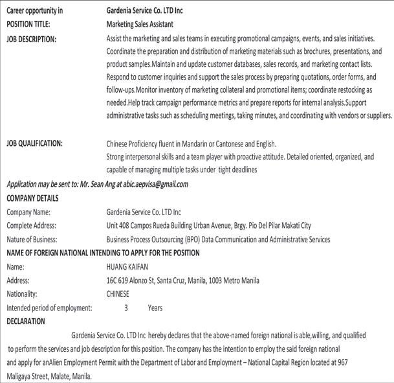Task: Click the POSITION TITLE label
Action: click(28, 24)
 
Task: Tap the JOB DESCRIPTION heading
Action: click(31, 39)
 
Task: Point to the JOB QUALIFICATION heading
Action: click(34, 143)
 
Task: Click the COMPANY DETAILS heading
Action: click(32, 198)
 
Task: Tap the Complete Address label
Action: click(31, 226)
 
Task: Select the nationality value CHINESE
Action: click(118, 294)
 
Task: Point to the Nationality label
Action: click(23, 294)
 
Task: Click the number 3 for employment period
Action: click(126, 308)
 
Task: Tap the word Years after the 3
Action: click(155, 308)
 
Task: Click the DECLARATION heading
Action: click(26, 321)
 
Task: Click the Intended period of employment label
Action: click(49, 308)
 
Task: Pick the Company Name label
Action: click(28, 212)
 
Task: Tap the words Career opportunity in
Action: click(35, 10)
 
